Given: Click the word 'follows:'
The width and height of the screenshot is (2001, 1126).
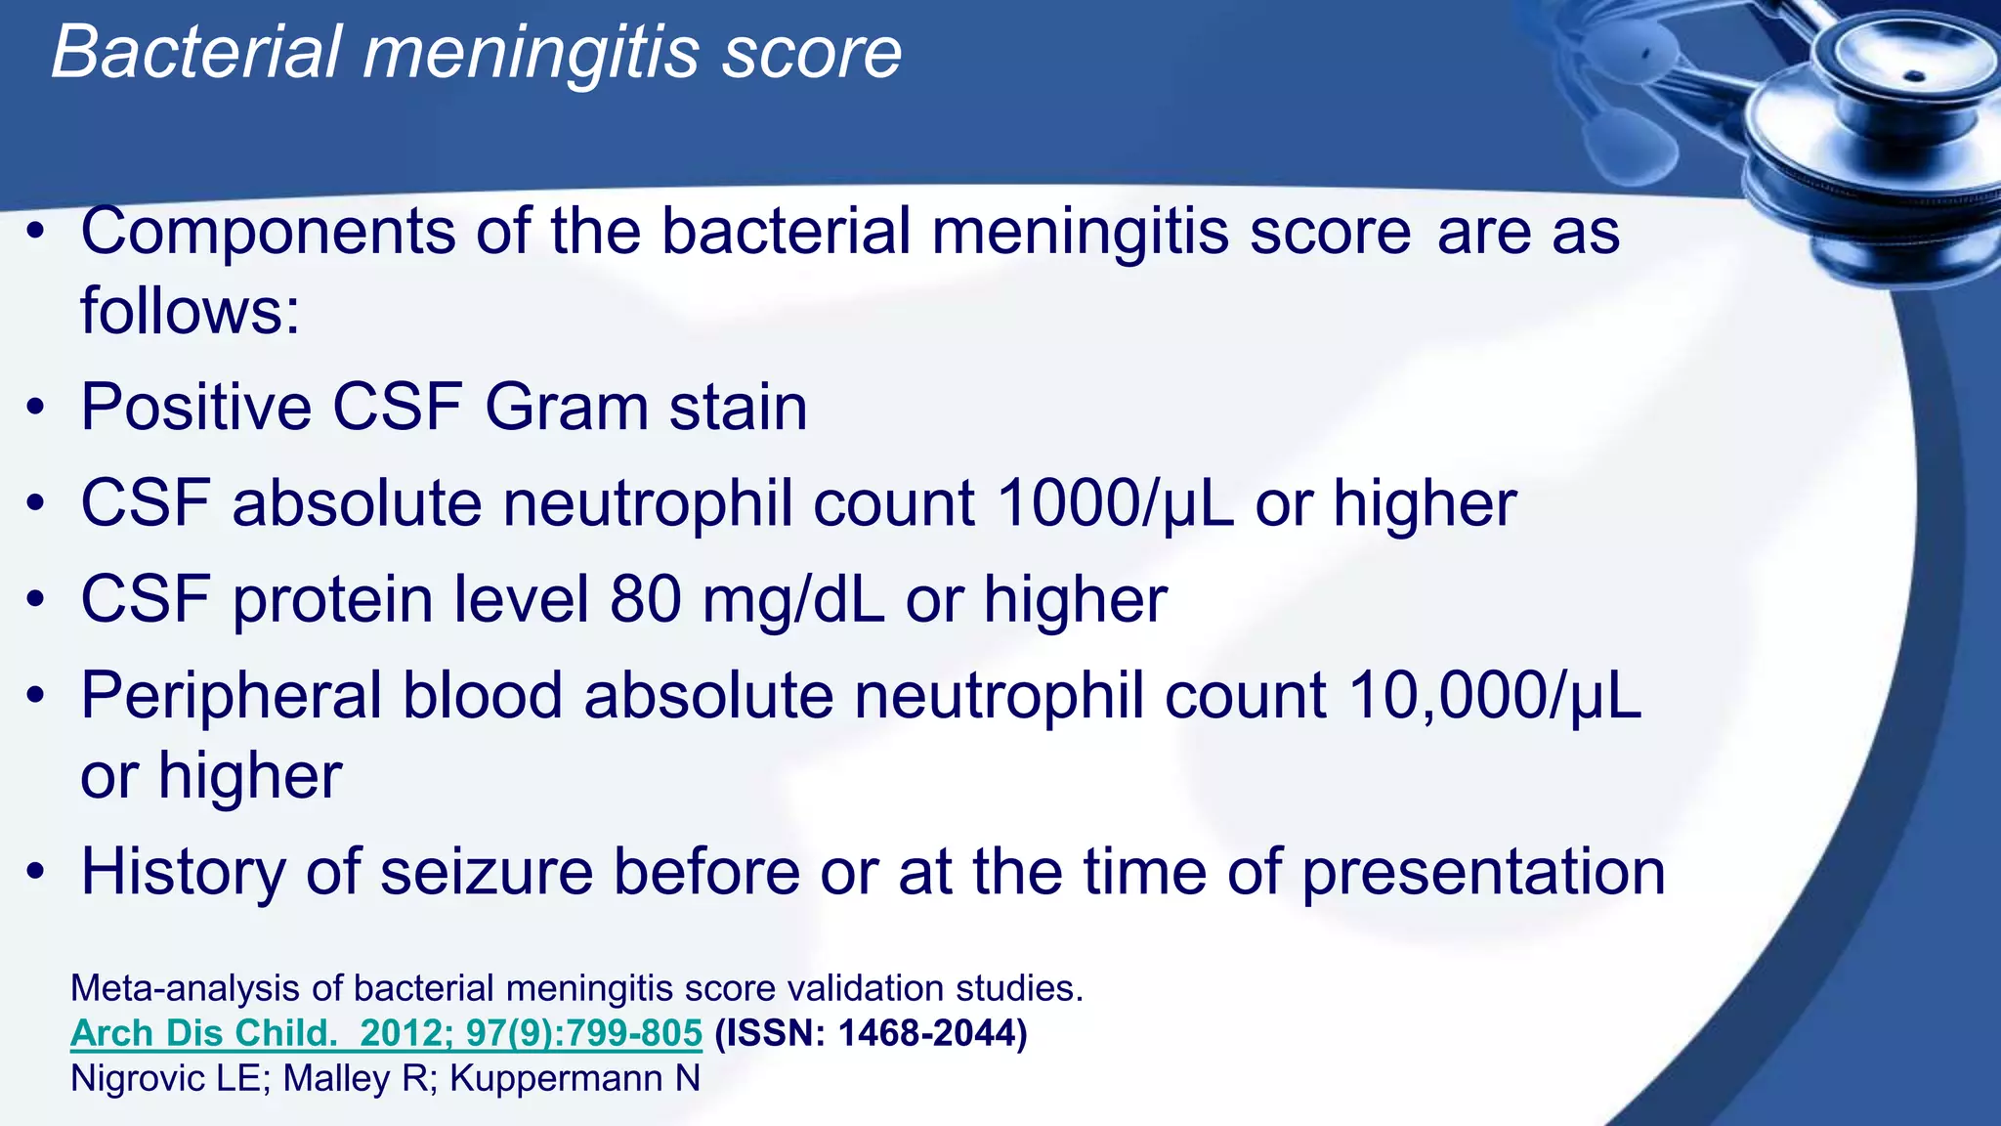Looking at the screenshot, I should (x=190, y=311).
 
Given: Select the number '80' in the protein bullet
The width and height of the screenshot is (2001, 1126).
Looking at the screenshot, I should (x=645, y=599).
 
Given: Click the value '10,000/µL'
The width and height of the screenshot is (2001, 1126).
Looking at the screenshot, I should (x=1495, y=696).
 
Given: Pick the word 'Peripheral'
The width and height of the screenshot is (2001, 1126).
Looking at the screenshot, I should (x=231, y=696).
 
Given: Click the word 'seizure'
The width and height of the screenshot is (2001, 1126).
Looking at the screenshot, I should (x=486, y=871).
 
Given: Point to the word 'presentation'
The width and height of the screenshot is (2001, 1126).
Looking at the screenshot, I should (x=1483, y=873).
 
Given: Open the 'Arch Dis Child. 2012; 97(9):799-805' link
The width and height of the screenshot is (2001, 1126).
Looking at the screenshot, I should (x=386, y=1033).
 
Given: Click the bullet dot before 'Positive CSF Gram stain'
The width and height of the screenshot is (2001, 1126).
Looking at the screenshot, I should (x=36, y=409).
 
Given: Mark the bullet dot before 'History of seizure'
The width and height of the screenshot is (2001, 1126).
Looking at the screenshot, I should (x=36, y=872).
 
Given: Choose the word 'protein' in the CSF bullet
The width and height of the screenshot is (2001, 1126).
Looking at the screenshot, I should (x=332, y=601).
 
